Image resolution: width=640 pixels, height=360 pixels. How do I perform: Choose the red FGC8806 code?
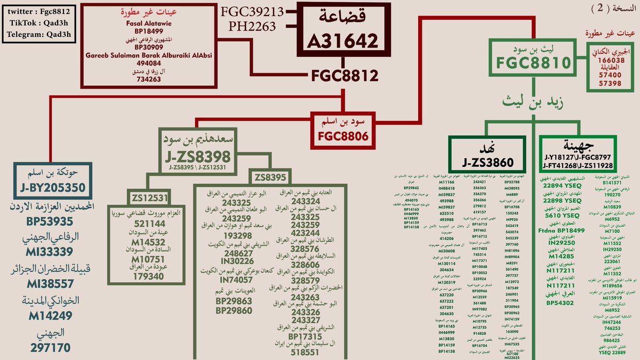tap(343, 136)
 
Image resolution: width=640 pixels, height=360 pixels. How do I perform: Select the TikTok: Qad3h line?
tap(39, 23)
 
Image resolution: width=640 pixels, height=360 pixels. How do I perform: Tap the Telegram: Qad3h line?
tap(39, 35)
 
